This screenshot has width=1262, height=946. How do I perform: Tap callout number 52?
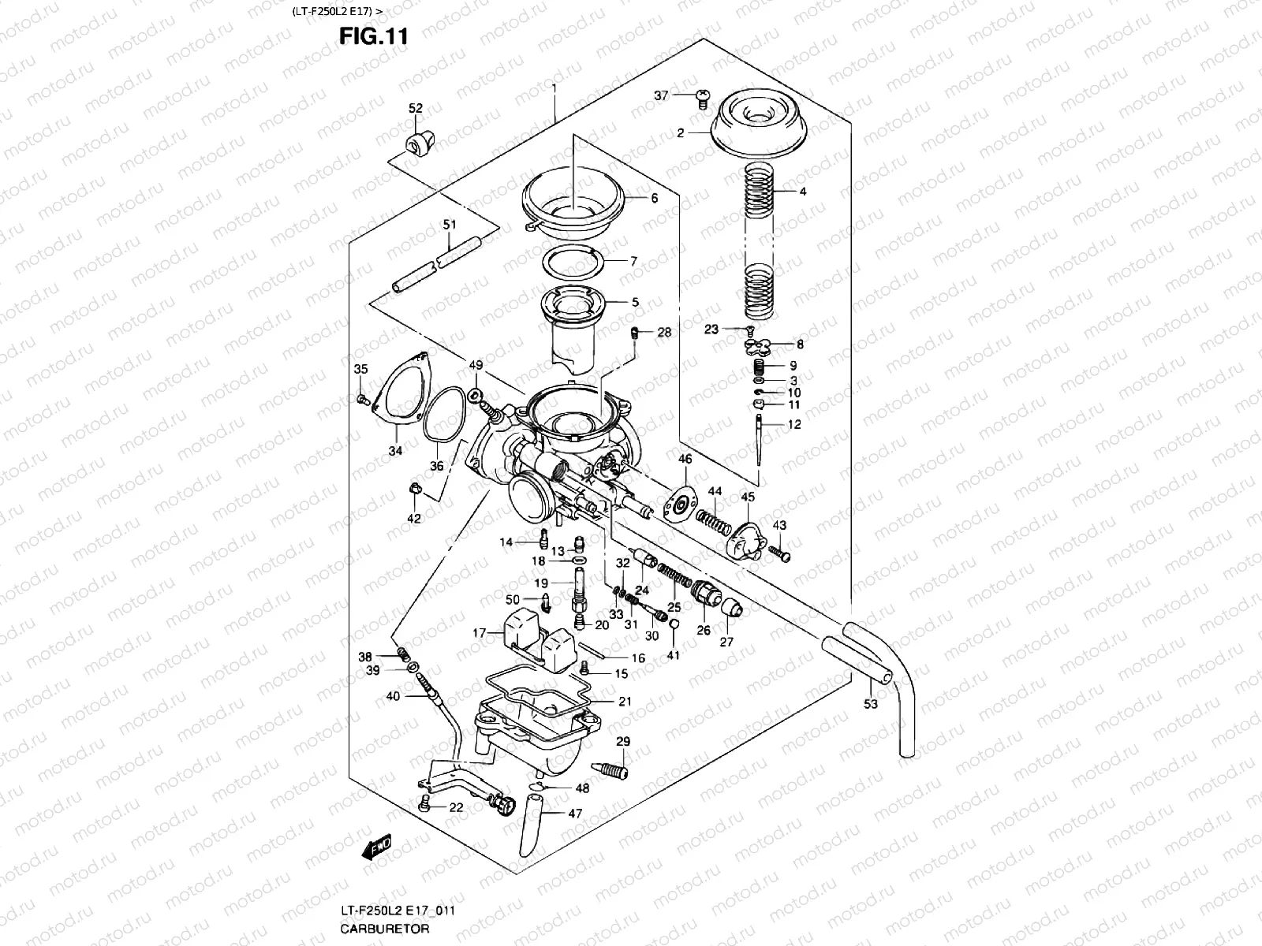click(415, 108)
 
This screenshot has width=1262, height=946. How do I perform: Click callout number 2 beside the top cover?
click(680, 133)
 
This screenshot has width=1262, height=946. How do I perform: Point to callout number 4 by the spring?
click(802, 192)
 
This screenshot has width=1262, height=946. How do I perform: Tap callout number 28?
click(664, 332)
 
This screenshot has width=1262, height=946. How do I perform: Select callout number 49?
click(475, 365)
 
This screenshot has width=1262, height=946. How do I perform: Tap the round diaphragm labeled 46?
click(684, 501)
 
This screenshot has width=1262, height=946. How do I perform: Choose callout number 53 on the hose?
click(870, 704)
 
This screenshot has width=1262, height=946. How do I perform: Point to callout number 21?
click(625, 701)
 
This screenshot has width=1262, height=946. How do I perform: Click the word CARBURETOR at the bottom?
click(385, 928)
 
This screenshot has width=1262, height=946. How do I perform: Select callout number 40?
click(392, 696)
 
